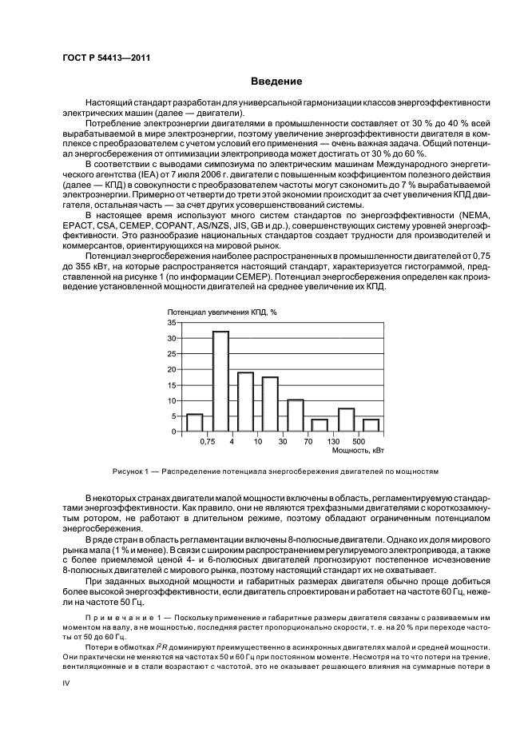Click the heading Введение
(276, 82)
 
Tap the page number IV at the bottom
(67, 684)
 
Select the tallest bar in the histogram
(220, 381)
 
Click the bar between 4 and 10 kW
(245, 402)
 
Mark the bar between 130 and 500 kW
(346, 420)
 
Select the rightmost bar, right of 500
(371, 425)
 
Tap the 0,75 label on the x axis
(208, 441)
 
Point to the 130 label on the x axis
(333, 441)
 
